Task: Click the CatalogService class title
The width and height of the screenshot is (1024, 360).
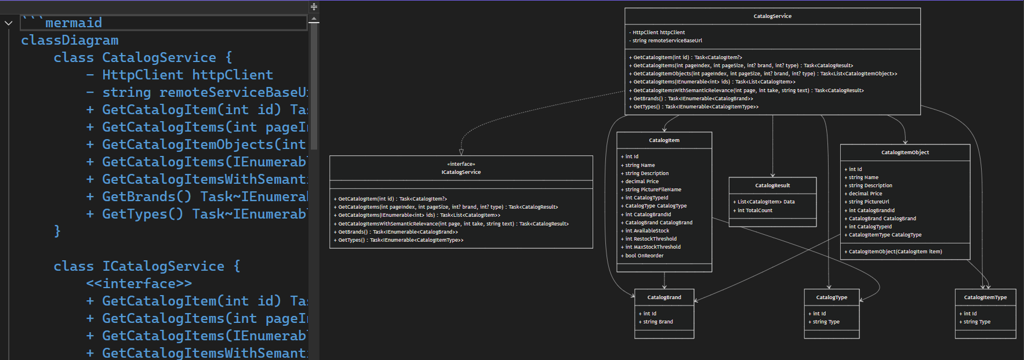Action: [772, 16]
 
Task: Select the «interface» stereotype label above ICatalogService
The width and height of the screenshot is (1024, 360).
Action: [461, 164]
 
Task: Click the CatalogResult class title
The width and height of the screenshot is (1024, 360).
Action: [772, 186]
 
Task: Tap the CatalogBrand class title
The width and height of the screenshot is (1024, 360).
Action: [664, 297]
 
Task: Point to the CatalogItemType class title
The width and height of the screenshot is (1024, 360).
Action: [985, 297]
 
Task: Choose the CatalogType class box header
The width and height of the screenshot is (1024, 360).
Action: [831, 297]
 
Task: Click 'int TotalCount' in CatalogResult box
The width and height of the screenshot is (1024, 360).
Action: [755, 210]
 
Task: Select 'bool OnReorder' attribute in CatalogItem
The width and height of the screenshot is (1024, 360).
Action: [644, 256]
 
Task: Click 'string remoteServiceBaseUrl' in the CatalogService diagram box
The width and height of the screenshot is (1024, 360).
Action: [667, 41]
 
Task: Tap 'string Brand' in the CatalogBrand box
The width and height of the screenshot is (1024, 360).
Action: [658, 322]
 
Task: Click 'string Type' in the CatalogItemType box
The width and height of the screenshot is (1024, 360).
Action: [976, 322]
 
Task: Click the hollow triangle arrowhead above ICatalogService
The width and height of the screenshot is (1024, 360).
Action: [461, 152]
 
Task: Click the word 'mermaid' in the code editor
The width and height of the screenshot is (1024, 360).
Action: [74, 23]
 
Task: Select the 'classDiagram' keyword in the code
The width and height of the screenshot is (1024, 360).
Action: [70, 40]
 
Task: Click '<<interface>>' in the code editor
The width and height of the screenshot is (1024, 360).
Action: [139, 283]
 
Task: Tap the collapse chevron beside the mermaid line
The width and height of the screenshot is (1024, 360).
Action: [8, 23]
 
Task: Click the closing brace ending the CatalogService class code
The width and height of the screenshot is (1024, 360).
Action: [57, 231]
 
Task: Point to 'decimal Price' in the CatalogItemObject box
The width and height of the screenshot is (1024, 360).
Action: [865, 194]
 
